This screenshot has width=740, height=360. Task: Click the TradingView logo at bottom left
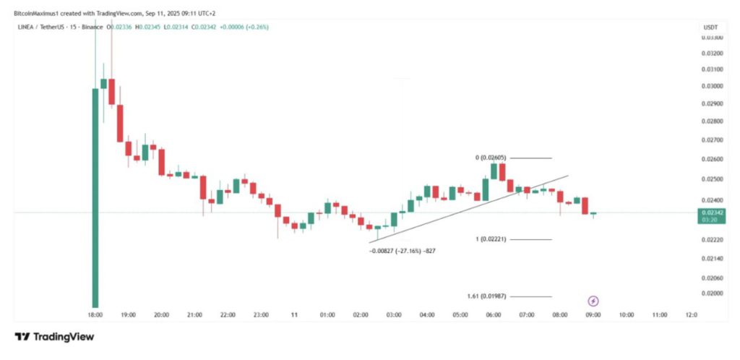[x=54, y=337]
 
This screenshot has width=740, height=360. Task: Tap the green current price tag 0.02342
[x=709, y=213]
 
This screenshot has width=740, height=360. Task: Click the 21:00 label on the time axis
[x=194, y=315]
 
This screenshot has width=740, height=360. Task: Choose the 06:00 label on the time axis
[x=494, y=315]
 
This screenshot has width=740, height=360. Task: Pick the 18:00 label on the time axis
[x=95, y=315]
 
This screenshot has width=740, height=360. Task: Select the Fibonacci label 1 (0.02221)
[x=498, y=239]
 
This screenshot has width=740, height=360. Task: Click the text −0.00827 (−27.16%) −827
[x=403, y=250]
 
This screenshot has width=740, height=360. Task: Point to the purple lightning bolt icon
[x=593, y=301]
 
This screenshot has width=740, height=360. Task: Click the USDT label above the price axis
[x=710, y=27]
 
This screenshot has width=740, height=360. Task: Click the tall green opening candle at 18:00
[x=95, y=195]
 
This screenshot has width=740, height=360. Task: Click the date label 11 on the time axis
[x=294, y=315]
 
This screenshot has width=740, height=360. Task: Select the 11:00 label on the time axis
[x=659, y=315]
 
